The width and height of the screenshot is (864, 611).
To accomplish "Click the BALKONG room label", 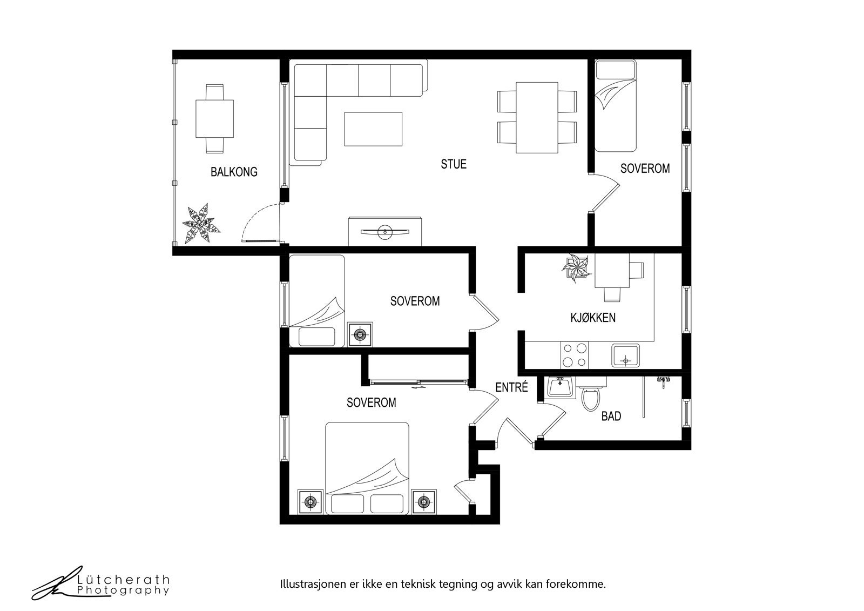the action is pos(234,172).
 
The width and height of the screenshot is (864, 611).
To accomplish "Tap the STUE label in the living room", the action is pos(454,164).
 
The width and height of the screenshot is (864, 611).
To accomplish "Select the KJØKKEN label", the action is pos(593,318).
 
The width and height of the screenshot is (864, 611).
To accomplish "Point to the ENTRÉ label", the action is pos(511,387).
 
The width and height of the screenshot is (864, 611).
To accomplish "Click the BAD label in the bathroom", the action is pos(611,416).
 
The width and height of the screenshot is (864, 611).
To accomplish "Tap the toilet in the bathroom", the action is pos(591,394).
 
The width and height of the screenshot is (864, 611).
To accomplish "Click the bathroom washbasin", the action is pos(560,387).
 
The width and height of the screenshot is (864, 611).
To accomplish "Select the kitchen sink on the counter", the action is pos(625,355).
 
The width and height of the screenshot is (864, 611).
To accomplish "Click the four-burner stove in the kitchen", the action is pos(575,355).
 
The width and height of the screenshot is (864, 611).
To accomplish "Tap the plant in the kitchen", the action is pos(576,267).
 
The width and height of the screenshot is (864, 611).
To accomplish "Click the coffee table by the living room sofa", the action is pos(373,129).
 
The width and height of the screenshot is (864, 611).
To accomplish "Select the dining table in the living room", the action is pos(537,117).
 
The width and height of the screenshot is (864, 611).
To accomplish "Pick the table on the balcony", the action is pos(214,118).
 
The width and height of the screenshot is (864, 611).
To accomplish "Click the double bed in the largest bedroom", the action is pos(367,468).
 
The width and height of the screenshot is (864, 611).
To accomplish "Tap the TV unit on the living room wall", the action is pos(384,231).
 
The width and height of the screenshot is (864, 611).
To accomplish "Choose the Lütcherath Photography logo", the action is pos(100,583).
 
